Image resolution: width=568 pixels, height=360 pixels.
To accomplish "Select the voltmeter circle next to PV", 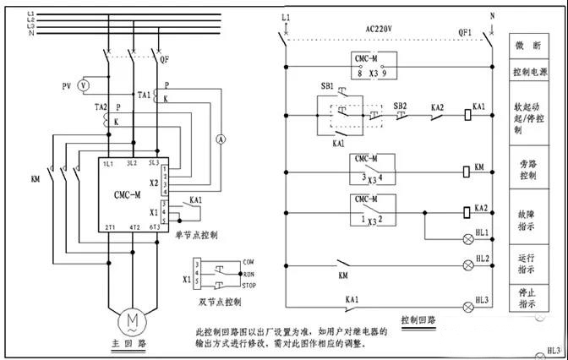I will coord(83,85).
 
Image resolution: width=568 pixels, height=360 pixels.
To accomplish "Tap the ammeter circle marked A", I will coord(218,142).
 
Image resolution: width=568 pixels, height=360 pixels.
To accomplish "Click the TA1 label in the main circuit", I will coord(144,95).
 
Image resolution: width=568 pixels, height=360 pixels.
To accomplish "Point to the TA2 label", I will coord(101,108).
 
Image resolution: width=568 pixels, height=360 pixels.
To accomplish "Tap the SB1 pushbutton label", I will coord(327,86).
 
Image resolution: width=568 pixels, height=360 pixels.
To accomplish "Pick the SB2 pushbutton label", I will coord(400,106).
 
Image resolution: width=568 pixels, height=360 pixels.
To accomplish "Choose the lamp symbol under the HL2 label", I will coord(466,265).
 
